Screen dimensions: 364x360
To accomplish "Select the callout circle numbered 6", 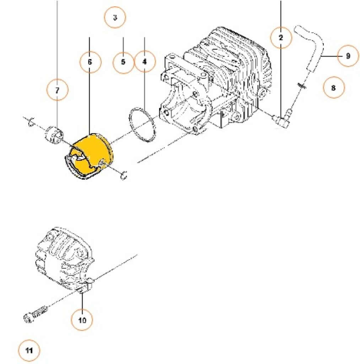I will (90, 62).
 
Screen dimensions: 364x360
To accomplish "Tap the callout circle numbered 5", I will (123, 62).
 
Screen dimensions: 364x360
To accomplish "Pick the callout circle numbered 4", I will (145, 62).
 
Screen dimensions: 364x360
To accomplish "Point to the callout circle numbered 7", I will (58, 91).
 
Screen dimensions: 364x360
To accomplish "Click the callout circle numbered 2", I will (281, 37).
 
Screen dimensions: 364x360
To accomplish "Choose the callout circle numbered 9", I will (348, 56).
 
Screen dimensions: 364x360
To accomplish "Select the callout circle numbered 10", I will (82, 320).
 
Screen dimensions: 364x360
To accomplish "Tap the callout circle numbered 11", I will (29, 350).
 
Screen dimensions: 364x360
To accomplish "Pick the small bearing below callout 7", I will (54, 135).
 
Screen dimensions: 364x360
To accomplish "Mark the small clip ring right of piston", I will (124, 175).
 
